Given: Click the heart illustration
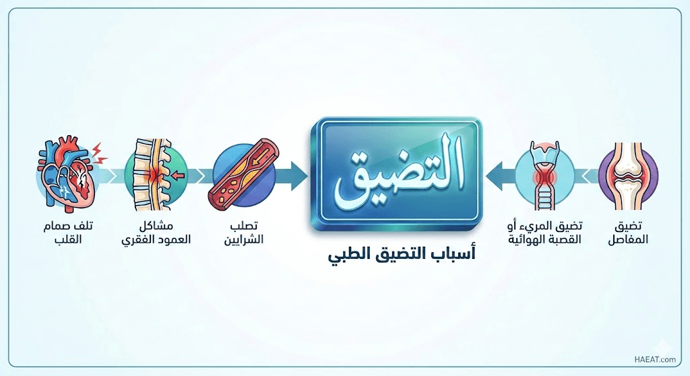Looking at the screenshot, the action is click(x=66, y=174).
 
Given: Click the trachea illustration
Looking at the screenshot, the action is click(x=544, y=176).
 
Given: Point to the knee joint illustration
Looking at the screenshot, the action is click(x=629, y=175).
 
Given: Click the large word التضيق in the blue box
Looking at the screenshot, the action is click(x=400, y=172).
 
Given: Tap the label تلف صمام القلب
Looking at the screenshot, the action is click(x=69, y=233).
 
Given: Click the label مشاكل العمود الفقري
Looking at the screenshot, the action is click(x=156, y=233).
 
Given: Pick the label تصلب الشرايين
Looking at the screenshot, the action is click(x=244, y=233).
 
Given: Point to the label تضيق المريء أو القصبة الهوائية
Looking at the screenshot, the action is click(x=544, y=233).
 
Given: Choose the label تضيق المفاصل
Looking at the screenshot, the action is click(x=628, y=233).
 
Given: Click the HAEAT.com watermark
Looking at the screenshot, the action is click(x=655, y=359).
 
